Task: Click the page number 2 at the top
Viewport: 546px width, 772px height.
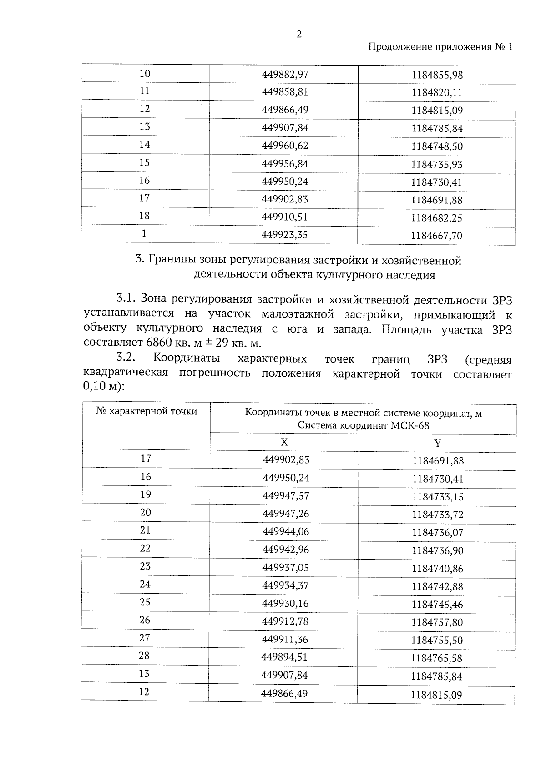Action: pos(299,35)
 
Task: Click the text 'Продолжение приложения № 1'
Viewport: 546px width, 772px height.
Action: pos(440,47)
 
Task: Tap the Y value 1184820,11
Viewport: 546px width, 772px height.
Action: pos(437,93)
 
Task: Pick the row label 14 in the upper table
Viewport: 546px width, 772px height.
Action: pos(145,145)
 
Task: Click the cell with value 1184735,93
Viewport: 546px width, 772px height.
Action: pos(437,164)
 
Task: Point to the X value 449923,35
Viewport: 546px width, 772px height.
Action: pos(285,235)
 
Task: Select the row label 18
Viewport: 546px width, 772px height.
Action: pos(145,216)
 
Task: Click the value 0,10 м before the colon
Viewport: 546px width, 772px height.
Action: pos(98,387)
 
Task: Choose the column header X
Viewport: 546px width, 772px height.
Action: pos(284,442)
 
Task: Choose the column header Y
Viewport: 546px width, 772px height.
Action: pos(437,443)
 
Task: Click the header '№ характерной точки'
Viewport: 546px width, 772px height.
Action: pos(147,411)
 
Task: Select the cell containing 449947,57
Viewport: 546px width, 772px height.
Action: pos(286,495)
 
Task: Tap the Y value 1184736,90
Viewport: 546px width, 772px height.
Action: pos(438,551)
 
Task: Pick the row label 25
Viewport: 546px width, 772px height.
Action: pos(145,602)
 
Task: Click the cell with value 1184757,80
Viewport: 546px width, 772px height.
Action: pos(438,622)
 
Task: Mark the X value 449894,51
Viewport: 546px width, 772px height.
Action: pos(285,657)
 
